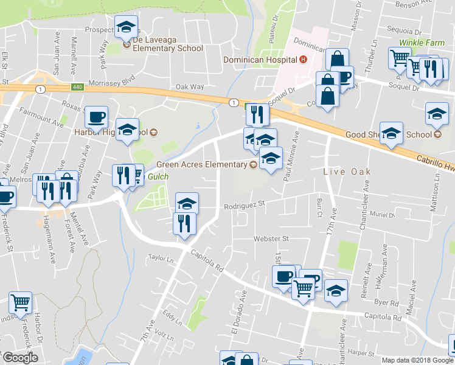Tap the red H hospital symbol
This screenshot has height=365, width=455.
click(x=302, y=60)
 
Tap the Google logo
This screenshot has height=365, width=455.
click(x=20, y=358)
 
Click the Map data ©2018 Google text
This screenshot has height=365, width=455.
click(x=417, y=360)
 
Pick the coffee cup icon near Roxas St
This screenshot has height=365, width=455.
click(x=96, y=116)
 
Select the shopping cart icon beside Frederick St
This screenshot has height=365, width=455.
click(x=21, y=302)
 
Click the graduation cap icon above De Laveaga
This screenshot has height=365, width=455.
click(x=126, y=27)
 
